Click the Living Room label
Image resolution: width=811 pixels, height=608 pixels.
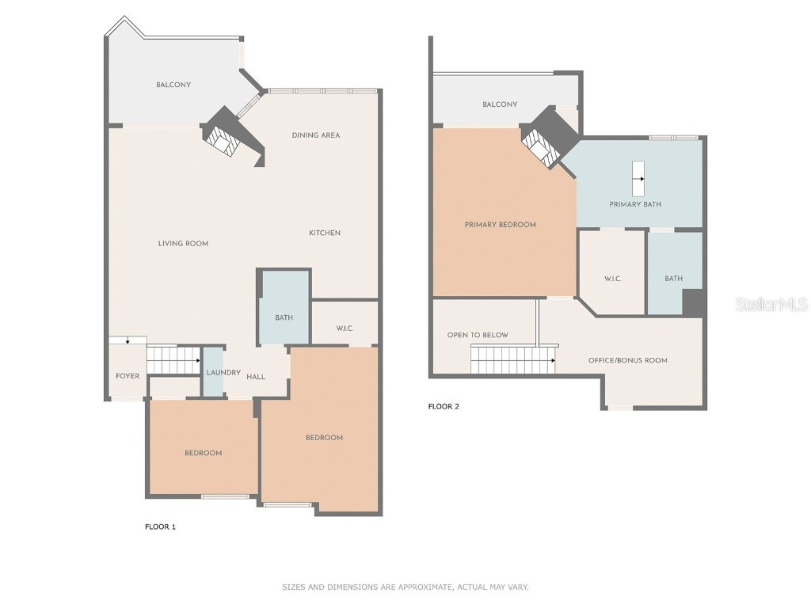[183, 244]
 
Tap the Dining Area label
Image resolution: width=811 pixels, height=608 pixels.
[315, 135]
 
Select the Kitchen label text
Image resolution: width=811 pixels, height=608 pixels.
[325, 233]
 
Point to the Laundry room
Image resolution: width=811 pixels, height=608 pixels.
[214, 372]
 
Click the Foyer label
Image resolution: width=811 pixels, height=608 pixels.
[128, 376]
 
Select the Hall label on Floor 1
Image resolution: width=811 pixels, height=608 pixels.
[256, 377]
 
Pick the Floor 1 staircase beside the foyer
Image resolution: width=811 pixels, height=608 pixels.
[173, 359]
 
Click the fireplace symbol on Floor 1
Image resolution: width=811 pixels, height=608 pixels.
[222, 140]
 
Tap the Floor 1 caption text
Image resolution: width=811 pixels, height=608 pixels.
[160, 526]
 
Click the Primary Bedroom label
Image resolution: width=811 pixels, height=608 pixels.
[500, 225]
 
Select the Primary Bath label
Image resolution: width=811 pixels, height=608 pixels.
[635, 204]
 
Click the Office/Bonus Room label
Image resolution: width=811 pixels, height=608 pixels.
[627, 360]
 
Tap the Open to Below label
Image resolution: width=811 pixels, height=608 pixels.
[478, 335]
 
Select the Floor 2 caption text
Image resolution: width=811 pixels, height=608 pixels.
[444, 407]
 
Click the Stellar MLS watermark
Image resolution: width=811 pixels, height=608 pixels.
[771, 305]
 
